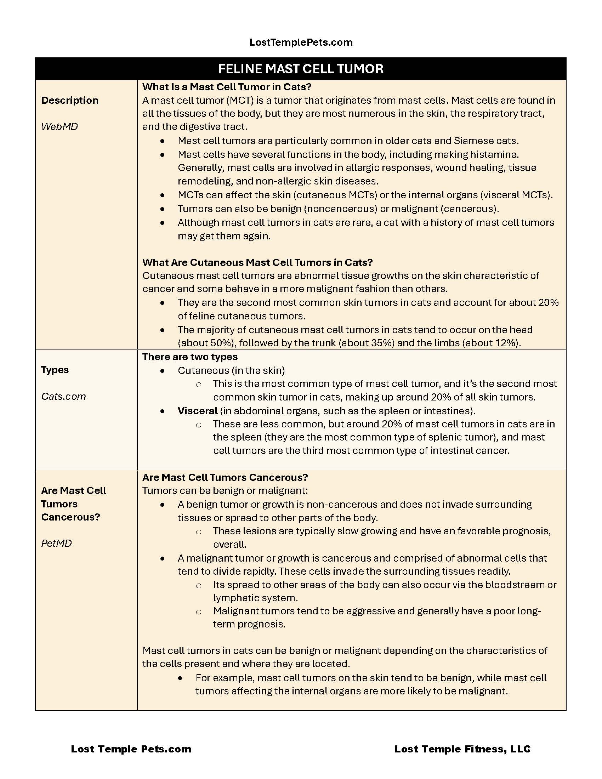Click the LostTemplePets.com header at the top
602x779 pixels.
tap(301, 42)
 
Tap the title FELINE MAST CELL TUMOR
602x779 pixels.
tap(301, 69)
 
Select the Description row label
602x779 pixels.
tap(70, 100)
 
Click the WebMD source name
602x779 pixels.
tap(59, 127)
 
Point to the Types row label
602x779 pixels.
tap(55, 370)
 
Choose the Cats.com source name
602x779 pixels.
tap(63, 396)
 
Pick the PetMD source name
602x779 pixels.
tap(56, 543)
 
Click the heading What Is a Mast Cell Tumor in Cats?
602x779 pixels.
tap(227, 87)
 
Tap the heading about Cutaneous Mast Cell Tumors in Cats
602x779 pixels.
tap(257, 262)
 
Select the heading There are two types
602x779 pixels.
tap(190, 357)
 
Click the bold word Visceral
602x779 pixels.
tap(198, 411)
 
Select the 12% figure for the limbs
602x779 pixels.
tap(504, 343)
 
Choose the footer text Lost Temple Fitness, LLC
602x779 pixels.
tap(462, 749)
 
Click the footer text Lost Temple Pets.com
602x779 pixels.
tap(131, 749)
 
